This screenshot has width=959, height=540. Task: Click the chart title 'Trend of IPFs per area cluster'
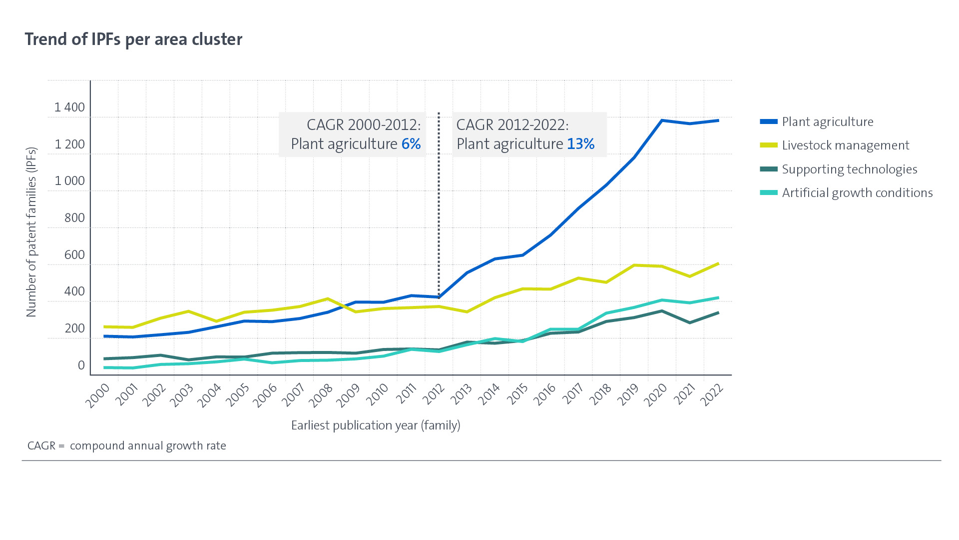point(133,39)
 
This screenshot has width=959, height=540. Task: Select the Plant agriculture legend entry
point(827,121)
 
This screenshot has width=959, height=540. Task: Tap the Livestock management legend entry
point(845,145)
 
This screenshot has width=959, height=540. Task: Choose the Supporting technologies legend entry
point(849,169)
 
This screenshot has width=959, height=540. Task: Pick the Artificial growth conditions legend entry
point(857,192)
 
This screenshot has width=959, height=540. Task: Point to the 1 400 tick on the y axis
point(69,107)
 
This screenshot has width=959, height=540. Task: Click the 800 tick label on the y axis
point(74,217)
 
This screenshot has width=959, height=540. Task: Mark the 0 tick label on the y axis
point(81,365)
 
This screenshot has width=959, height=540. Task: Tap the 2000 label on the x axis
point(98,396)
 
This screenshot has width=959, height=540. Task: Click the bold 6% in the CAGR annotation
point(411,144)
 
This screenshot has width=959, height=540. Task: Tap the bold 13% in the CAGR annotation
point(581,144)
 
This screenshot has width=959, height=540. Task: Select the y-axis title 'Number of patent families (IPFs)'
point(31,232)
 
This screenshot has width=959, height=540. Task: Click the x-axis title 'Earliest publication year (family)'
point(376,425)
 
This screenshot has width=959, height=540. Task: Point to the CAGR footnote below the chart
point(127,445)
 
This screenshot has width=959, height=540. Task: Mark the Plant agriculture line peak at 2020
point(662,120)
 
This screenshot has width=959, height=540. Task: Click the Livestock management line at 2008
point(328,299)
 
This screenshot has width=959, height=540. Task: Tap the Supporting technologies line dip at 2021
point(690,322)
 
